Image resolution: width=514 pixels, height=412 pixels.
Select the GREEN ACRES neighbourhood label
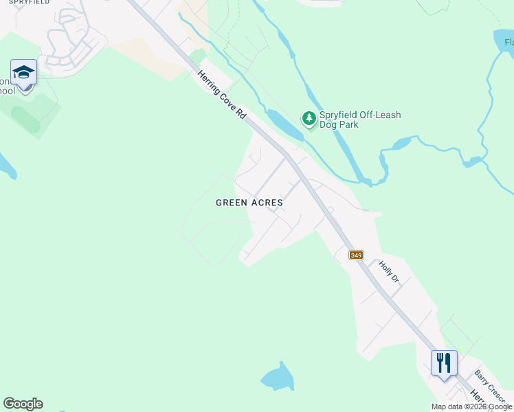(249, 203)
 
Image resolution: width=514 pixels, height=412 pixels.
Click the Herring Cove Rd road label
(222, 97)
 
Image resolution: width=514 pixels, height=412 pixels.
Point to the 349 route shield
(356, 255)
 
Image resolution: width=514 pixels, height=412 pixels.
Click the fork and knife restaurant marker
(444, 361)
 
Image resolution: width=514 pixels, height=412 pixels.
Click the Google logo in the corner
(23, 404)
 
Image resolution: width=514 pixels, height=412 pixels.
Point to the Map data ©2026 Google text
(471, 407)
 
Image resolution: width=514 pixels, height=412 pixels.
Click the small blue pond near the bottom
(277, 377)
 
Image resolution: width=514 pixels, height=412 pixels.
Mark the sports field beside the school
(31, 113)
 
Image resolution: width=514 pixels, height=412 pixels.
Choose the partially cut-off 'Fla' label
(509, 43)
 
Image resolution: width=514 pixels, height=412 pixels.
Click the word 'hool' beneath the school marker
(7, 91)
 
